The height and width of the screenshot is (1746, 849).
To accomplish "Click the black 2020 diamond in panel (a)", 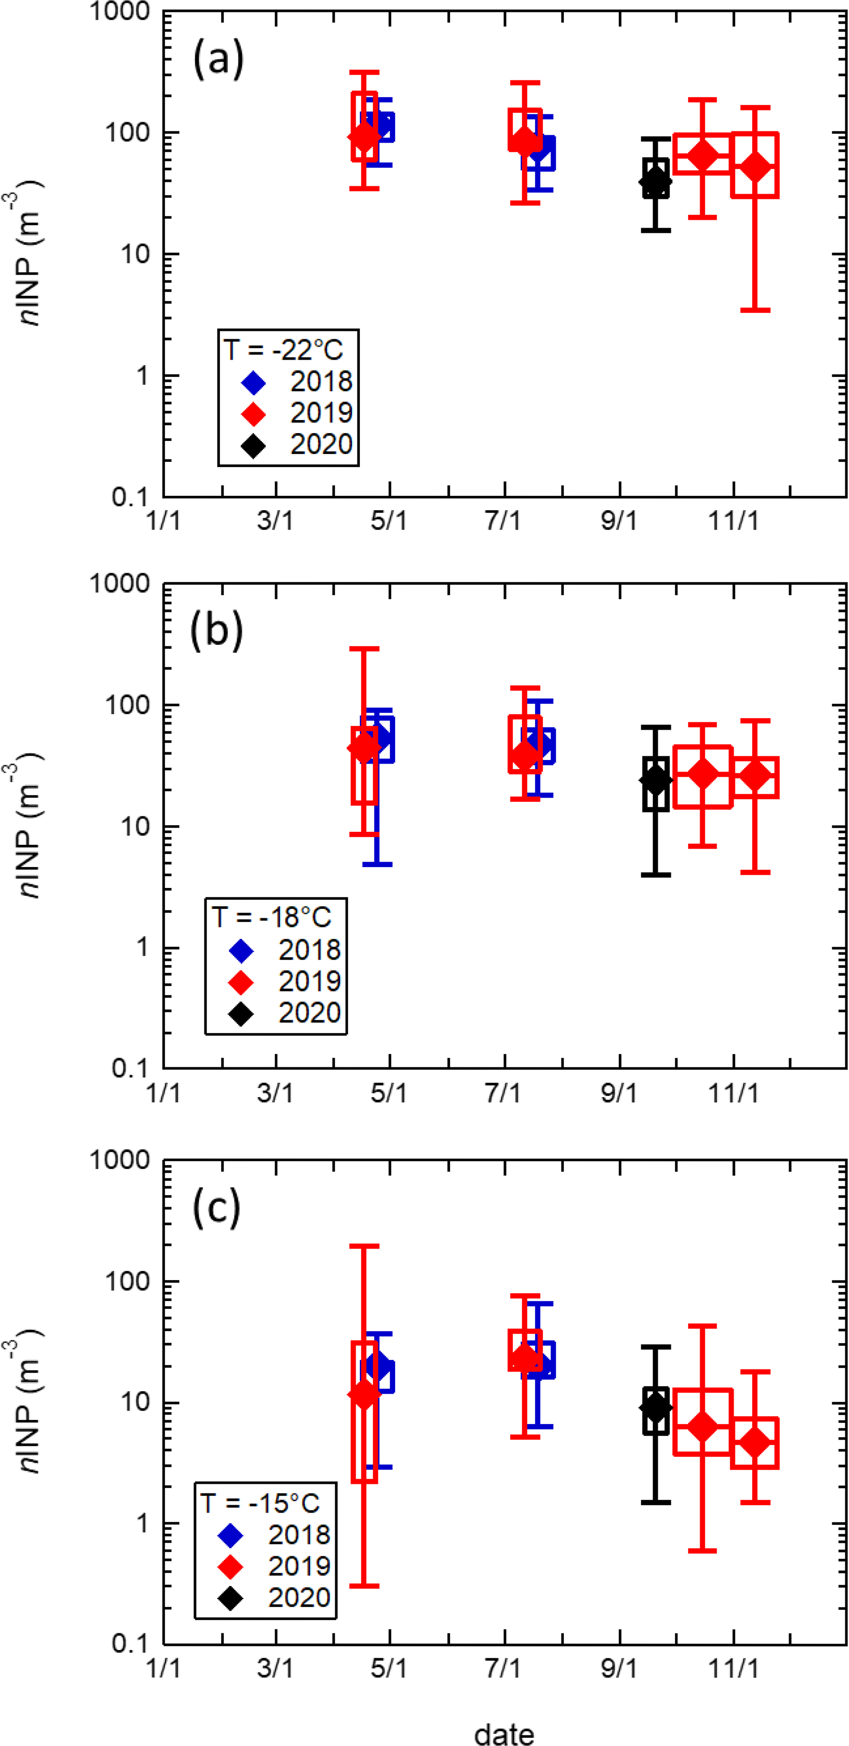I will (655, 181).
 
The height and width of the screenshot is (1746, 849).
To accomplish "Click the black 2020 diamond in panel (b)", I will (655, 780).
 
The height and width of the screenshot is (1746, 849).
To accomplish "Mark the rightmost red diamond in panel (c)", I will (755, 1442).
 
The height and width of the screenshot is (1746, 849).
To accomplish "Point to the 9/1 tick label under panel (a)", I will (619, 521).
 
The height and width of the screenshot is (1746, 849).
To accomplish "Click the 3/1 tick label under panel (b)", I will (275, 1092).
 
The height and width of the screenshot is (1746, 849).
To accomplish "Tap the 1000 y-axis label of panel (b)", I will (120, 584).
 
